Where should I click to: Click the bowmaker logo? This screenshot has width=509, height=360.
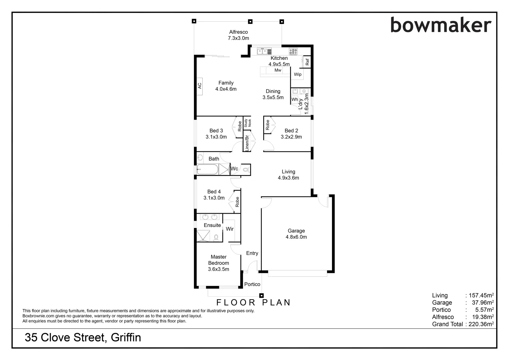click(440, 25)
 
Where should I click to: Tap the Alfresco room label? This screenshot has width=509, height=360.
click(238, 32)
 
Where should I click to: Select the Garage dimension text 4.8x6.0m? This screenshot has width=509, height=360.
click(296, 237)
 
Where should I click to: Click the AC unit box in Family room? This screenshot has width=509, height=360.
click(199, 86)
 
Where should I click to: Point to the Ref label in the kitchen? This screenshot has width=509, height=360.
click(307, 62)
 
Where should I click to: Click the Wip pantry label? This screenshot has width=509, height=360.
click(298, 74)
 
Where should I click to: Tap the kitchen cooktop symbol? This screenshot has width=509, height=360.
click(293, 51)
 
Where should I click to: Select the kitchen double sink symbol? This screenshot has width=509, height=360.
click(262, 51)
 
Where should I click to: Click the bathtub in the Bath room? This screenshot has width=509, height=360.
click(207, 169)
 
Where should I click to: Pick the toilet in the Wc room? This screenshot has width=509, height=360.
click(245, 170)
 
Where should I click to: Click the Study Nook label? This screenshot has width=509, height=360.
click(247, 123)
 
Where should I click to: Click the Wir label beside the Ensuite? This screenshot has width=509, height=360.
click(230, 229)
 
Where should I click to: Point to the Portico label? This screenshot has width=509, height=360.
click(252, 284)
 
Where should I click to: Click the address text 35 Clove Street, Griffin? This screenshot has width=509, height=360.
click(83, 338)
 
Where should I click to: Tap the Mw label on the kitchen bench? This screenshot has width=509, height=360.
click(278, 70)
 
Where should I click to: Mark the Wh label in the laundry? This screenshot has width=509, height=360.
click(295, 99)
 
